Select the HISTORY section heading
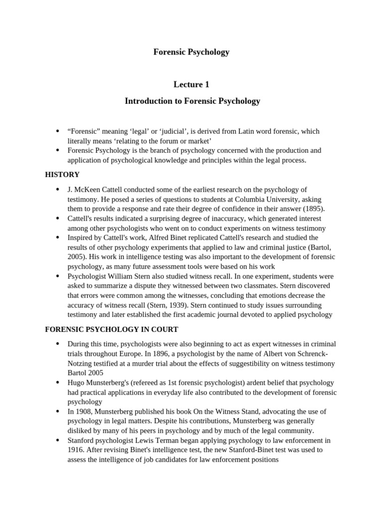pos(62,175)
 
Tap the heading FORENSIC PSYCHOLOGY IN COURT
pos(112,329)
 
